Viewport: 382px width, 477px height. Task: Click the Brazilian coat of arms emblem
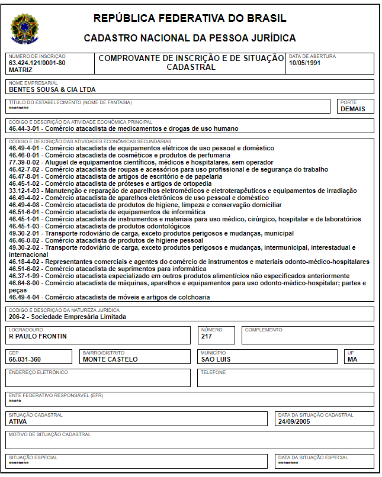[x=23, y=28]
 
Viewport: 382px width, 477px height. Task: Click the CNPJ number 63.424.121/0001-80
[x=37, y=63]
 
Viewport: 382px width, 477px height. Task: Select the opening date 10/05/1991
[x=304, y=62]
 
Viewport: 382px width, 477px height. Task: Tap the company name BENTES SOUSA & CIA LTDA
[x=52, y=90]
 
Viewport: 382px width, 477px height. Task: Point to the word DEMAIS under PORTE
[x=353, y=109]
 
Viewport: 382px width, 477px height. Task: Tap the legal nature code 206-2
[x=18, y=317]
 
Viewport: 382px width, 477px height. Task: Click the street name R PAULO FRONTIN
[x=37, y=337]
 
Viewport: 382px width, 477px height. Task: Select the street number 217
[x=207, y=337]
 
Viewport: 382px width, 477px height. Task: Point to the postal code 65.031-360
[x=24, y=359]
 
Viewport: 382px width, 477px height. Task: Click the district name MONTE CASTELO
[x=110, y=359]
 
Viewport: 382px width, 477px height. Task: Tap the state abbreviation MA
[x=352, y=359]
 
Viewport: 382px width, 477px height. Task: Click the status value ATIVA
[x=18, y=422]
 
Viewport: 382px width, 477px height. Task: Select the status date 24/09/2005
[x=294, y=422]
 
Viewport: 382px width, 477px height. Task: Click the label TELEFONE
[x=213, y=372]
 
